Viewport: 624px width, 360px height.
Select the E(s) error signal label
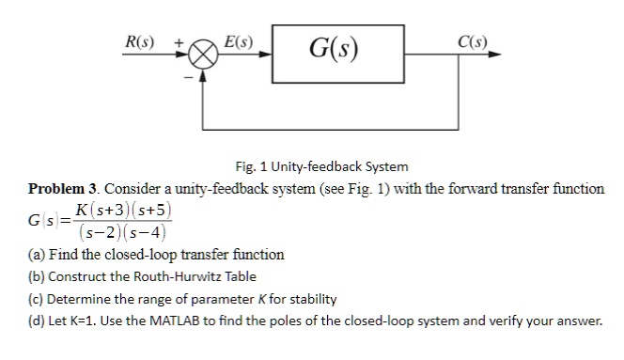(x=239, y=40)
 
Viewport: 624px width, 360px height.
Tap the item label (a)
(x=39, y=254)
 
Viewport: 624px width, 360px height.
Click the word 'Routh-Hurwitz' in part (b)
(x=161, y=276)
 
